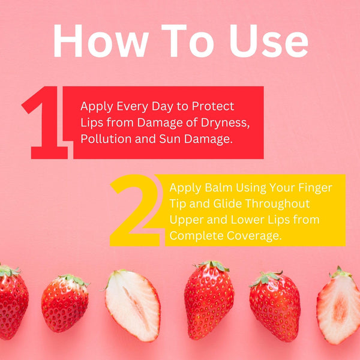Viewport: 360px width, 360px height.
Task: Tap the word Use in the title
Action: (269, 41)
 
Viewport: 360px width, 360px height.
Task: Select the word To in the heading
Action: (188, 41)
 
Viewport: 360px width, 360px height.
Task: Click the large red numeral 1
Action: (45, 122)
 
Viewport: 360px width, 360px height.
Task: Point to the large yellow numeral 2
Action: (136, 210)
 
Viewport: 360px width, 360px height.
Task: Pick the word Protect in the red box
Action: (213, 106)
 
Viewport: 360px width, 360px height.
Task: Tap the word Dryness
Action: (225, 123)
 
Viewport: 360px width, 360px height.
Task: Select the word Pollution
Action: (106, 139)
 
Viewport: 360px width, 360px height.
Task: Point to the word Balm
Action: (218, 188)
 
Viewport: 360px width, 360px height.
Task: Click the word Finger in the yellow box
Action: (315, 188)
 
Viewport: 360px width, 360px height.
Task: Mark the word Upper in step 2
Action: (187, 220)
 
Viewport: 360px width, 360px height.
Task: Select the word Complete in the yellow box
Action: (196, 236)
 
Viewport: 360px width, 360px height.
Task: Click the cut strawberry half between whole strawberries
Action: (133, 305)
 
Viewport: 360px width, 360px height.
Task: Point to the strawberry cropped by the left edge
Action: (13, 301)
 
